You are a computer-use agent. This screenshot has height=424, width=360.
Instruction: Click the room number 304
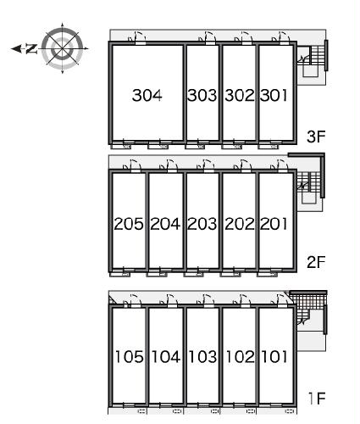pyautogui.click(x=147, y=95)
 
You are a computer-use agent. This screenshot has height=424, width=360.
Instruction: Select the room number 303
pyautogui.click(x=202, y=95)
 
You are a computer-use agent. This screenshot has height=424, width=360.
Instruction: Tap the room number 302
pyautogui.click(x=240, y=95)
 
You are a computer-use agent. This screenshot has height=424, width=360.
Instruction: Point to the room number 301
pyautogui.click(x=274, y=95)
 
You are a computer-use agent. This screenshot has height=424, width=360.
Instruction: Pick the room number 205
pyautogui.click(x=129, y=224)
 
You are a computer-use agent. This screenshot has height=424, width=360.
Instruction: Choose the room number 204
pyautogui.click(x=165, y=224)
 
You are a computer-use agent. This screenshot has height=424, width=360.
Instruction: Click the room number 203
pyautogui.click(x=202, y=224)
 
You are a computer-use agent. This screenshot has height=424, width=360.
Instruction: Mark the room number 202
pyautogui.click(x=240, y=224)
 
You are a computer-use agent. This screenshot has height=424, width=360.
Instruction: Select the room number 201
pyautogui.click(x=274, y=224)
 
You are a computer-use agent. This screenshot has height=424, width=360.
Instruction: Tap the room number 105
pyautogui.click(x=130, y=356)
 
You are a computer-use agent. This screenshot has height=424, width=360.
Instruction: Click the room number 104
pyautogui.click(x=166, y=356)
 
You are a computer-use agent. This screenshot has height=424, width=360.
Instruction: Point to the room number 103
pyautogui.click(x=202, y=356)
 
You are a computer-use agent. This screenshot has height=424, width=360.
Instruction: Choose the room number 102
pyautogui.click(x=241, y=356)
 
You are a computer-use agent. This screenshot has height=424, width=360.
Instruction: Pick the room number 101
pyautogui.click(x=274, y=356)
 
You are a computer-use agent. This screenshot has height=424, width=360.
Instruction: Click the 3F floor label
pyautogui.click(x=316, y=137)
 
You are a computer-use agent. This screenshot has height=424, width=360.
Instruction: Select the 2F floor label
pyautogui.click(x=316, y=262)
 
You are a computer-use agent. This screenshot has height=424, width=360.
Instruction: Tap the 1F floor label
pyautogui.click(x=318, y=399)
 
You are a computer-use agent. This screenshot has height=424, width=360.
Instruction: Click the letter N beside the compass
pyautogui.click(x=31, y=49)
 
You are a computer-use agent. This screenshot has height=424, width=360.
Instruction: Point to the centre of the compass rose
pyautogui.click(x=63, y=48)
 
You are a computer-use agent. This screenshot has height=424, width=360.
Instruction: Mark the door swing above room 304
pyautogui.click(x=139, y=37)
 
